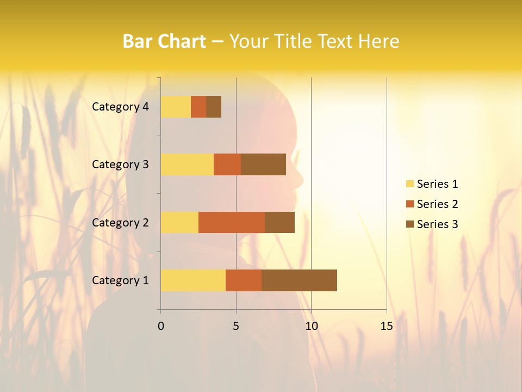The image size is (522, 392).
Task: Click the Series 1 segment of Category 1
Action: tap(193, 280)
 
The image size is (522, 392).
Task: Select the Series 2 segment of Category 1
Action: tap(244, 280)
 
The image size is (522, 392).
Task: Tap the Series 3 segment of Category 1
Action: tap(299, 280)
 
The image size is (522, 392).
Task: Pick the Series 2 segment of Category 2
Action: tap(232, 222)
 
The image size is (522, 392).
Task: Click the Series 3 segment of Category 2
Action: tap(279, 222)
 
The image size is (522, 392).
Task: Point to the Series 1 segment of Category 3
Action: tap(187, 164)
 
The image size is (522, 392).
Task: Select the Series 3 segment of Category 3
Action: tap(263, 164)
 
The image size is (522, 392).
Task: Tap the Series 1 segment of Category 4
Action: tap(176, 107)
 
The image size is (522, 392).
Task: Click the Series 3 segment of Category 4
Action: tap(214, 107)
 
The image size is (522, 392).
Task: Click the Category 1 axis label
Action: tap(120, 280)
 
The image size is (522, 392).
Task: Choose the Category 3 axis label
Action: tap(120, 164)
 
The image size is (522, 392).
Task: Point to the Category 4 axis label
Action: tap(120, 107)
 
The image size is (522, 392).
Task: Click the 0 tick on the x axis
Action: tap(161, 326)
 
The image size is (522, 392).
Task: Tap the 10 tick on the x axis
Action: tap(311, 326)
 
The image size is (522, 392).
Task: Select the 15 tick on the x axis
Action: tap(386, 326)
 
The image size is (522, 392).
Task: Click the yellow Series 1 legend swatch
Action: tap(409, 184)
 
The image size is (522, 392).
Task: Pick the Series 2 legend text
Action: tap(437, 204)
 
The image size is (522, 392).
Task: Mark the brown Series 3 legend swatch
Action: tap(409, 224)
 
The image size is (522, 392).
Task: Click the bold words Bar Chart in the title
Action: tap(164, 41)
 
